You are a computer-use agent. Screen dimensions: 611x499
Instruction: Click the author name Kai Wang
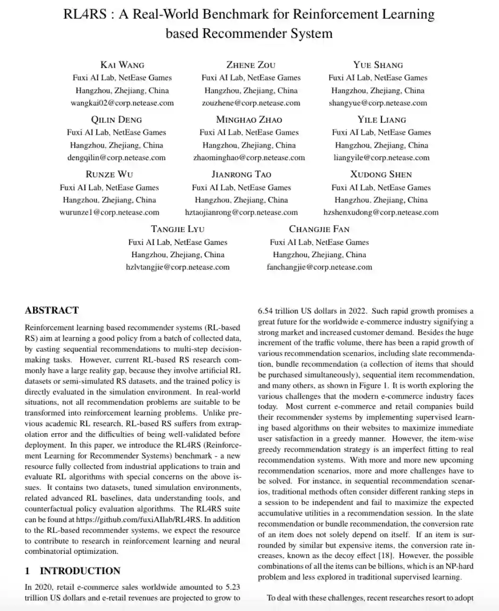(122, 65)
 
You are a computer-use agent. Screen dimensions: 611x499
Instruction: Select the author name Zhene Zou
(251, 65)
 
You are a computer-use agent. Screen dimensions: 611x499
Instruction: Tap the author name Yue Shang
(378, 65)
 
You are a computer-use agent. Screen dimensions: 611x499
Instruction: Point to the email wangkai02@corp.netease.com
(122, 103)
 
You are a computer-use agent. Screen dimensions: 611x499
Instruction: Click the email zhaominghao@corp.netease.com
(249, 158)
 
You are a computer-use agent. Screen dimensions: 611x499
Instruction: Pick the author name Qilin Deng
(116, 120)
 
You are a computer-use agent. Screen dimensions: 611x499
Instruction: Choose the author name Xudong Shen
(381, 175)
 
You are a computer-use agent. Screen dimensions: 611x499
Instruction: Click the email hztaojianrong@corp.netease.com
(241, 213)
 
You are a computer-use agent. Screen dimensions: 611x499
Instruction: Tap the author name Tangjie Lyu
(178, 229)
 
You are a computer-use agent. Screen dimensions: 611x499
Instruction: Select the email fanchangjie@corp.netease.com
(319, 267)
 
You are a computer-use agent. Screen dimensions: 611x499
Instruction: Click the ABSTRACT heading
(52, 311)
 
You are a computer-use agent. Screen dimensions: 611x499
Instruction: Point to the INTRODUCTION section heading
(80, 571)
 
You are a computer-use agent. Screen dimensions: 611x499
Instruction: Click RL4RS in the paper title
(85, 14)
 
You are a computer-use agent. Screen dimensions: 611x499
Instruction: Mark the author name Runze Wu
(109, 175)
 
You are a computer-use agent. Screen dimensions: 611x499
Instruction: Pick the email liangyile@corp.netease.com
(381, 158)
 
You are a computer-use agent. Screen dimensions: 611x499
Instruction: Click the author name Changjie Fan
(319, 229)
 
